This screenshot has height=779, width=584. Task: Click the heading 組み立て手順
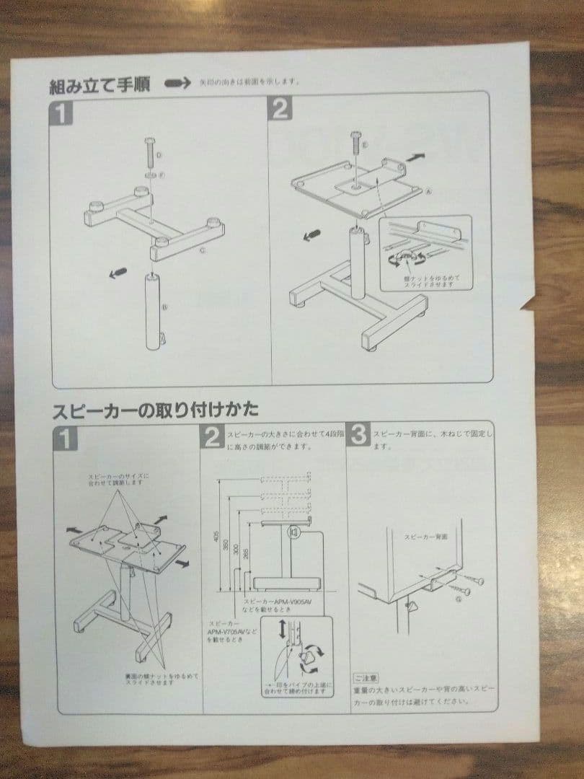[99, 86]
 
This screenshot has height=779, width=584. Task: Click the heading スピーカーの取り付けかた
[154, 410]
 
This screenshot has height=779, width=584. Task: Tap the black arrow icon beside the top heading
[177, 84]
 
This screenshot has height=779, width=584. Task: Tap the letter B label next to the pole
[166, 306]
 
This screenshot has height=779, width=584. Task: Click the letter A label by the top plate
[428, 193]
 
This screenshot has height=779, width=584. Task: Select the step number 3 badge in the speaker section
[360, 435]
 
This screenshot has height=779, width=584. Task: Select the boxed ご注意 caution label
[363, 678]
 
